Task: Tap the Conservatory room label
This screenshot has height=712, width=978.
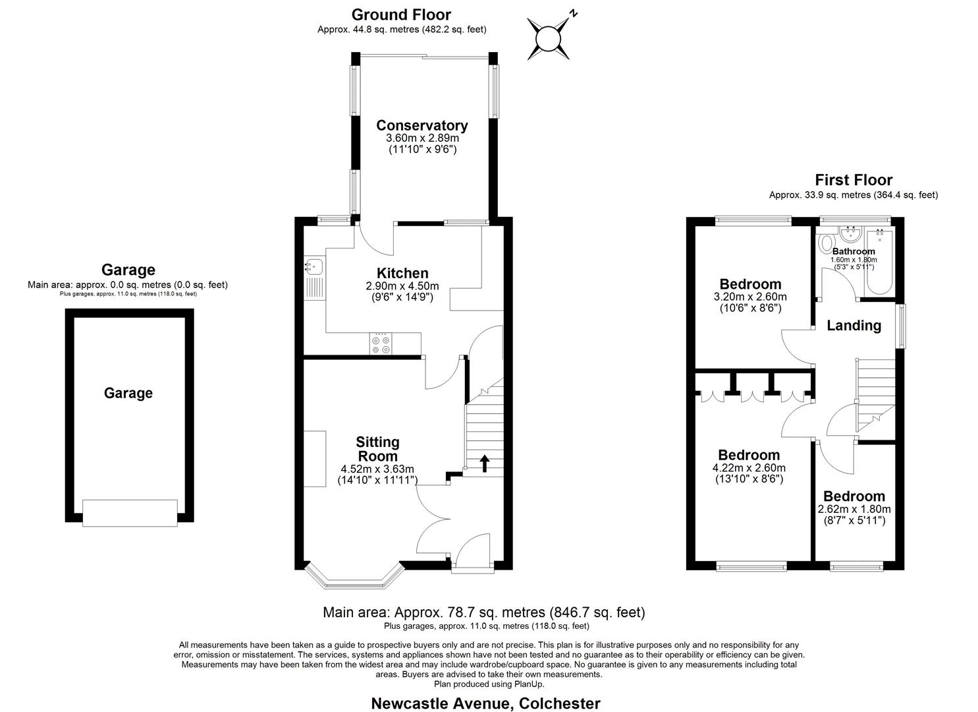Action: point(421,125)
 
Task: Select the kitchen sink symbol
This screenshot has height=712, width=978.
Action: point(313,267)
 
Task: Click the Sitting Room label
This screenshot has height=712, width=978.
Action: point(377,449)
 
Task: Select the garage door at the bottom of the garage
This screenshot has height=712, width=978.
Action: point(130,512)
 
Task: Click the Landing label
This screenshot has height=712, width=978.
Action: point(854,326)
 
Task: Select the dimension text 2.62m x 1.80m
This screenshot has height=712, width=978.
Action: point(854,509)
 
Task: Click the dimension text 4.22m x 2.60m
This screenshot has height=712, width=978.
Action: point(749,468)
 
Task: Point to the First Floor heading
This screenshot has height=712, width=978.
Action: point(854,180)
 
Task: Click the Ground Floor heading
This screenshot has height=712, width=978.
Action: point(401,15)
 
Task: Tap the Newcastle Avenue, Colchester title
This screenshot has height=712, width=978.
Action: point(485,703)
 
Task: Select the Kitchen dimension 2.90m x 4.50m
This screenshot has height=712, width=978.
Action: point(402,286)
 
